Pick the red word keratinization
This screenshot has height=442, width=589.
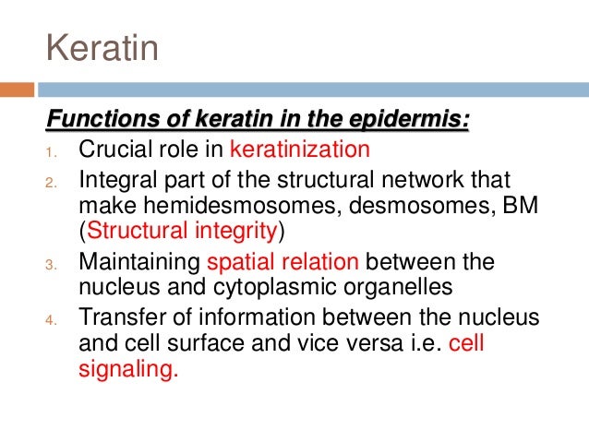point(299,149)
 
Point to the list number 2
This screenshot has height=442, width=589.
point(51,181)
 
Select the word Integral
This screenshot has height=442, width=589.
point(116,178)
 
